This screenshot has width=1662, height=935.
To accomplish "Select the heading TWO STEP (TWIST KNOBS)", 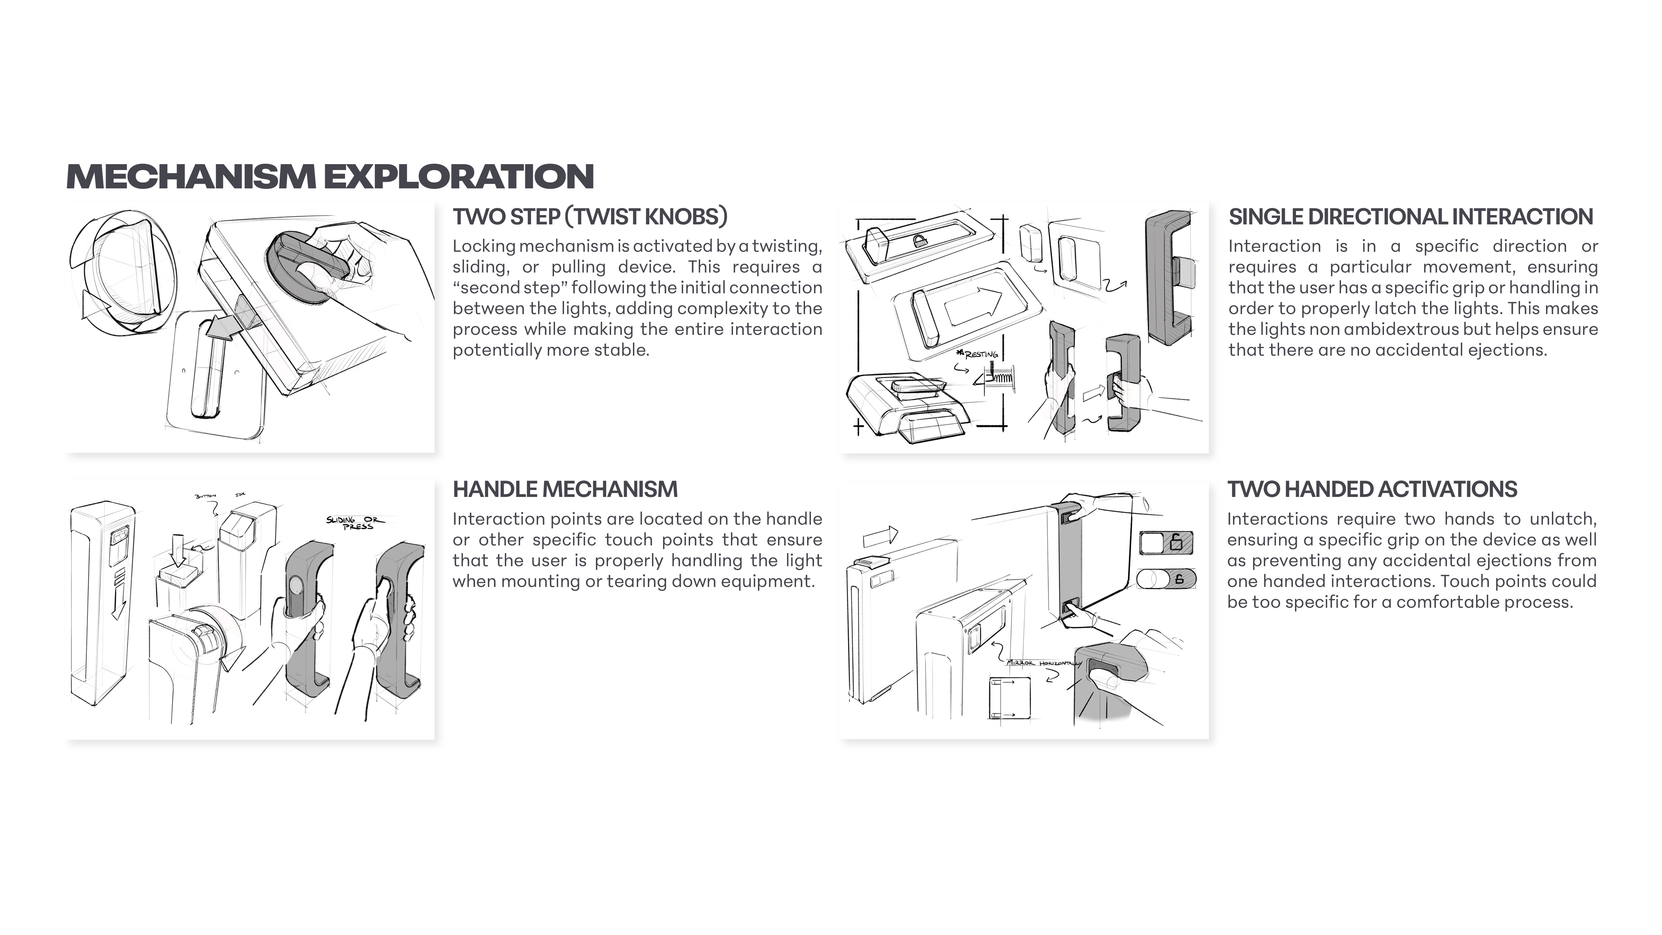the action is pyautogui.click(x=590, y=217).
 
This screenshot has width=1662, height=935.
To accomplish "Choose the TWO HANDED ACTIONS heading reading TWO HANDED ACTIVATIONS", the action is pyautogui.click(x=1371, y=489).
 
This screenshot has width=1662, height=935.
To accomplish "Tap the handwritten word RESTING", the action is pyautogui.click(x=981, y=354).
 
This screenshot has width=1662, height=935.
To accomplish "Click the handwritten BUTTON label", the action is pyautogui.click(x=205, y=496).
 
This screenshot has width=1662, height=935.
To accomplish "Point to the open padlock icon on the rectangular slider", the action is pyautogui.click(x=1176, y=542).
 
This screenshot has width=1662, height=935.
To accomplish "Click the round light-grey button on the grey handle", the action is pyautogui.click(x=296, y=586).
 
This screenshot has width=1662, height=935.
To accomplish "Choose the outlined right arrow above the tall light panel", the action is pyautogui.click(x=880, y=536).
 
